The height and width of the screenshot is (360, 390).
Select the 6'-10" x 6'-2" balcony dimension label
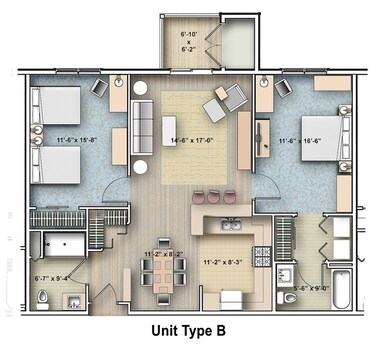click(x=189, y=42)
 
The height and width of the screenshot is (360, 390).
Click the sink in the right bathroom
click(x=286, y=273)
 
